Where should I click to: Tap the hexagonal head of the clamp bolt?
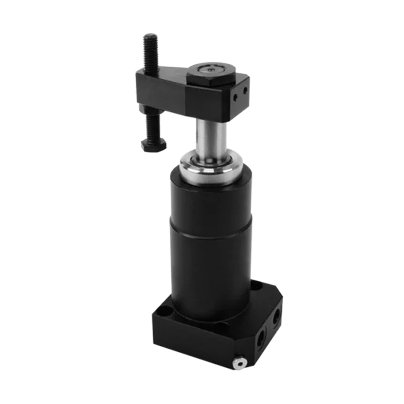(x=153, y=145)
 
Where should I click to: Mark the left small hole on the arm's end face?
(x=235, y=98)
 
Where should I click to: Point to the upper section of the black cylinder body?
(x=210, y=205)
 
